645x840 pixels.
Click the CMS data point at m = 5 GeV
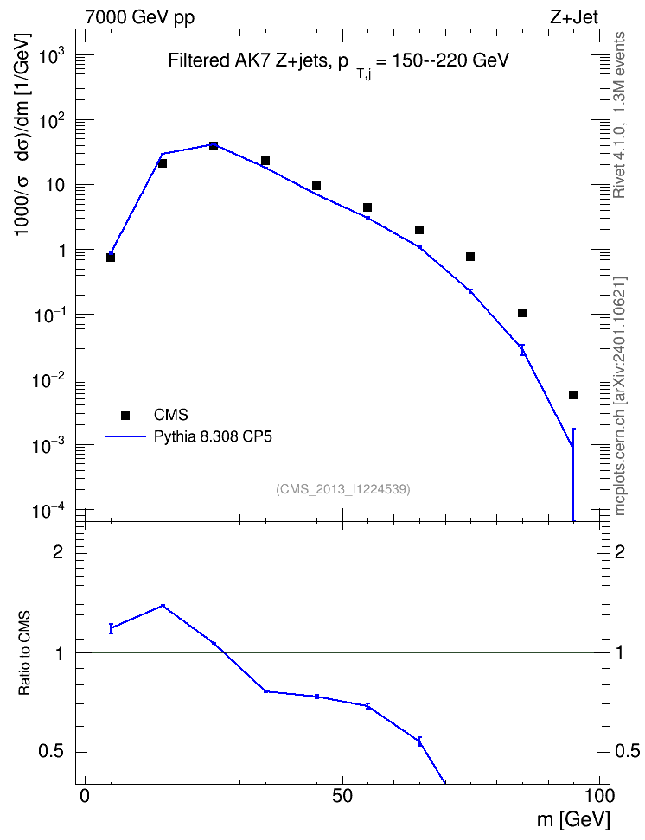111,258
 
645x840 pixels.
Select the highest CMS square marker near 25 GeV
214,146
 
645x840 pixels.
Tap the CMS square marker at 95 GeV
573,395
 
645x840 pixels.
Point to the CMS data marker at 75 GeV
470,257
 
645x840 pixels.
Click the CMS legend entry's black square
125,415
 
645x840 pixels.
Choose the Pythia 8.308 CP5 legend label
213,436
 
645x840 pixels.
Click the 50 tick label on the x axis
342,796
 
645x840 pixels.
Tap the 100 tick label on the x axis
597,796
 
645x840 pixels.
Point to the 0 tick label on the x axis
85,796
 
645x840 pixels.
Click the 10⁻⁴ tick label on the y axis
48,510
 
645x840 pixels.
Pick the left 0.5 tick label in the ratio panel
51,752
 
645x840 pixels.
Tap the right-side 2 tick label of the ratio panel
620,551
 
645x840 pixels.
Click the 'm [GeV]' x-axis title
573,819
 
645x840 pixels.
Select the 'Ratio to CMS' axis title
25,652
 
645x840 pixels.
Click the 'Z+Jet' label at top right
574,16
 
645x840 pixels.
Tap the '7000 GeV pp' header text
139,17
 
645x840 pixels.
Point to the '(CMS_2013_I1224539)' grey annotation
343,489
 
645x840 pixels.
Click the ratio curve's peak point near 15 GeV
163,606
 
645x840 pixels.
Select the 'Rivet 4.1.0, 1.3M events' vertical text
620,115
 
